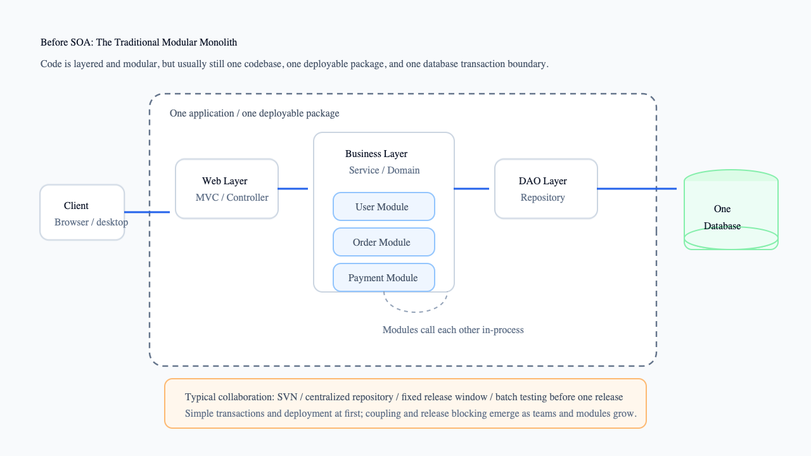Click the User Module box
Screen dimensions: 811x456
coord(384,206)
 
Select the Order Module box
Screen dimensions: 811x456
coord(384,242)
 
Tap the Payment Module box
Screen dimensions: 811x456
coord(384,277)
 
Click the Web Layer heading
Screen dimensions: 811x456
coord(224,181)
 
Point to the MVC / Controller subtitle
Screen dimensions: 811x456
coord(232,198)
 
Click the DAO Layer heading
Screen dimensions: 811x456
coord(543,181)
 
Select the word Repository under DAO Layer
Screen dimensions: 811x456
coord(543,198)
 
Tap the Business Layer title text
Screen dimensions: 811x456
coord(376,154)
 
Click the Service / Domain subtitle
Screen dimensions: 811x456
coord(384,170)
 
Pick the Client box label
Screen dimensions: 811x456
coord(76,206)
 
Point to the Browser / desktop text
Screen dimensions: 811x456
coord(91,222)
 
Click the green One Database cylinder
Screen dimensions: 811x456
coord(731,210)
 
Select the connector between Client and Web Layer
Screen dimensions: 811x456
coord(147,212)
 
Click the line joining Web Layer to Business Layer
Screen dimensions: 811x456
coord(293,189)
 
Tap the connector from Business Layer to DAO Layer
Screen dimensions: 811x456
coord(471,189)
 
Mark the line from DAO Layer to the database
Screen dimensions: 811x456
coord(637,189)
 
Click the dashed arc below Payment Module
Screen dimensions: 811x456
coord(415,311)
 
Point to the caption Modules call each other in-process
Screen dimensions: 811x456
coord(453,330)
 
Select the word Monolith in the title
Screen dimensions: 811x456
coord(218,42)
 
